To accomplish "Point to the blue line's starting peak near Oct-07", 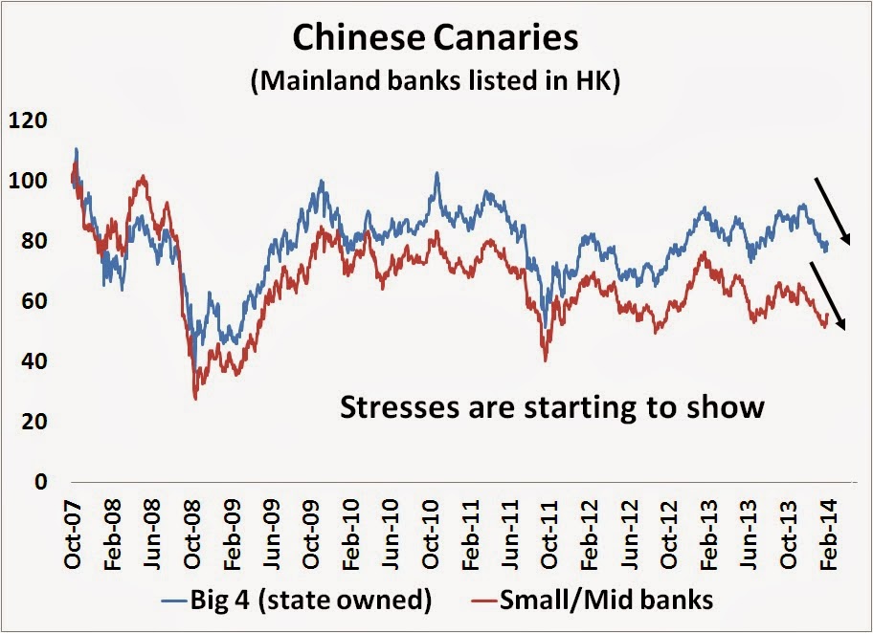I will pyautogui.click(x=76, y=149).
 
